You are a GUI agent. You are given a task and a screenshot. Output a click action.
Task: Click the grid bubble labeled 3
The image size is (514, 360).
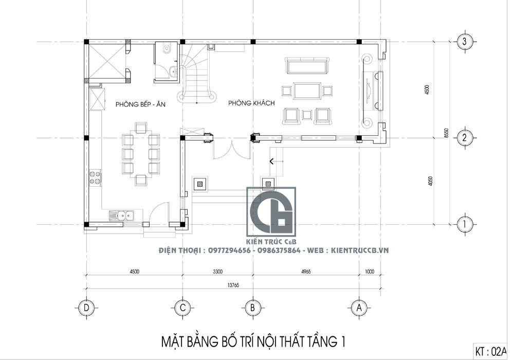coord(465,42)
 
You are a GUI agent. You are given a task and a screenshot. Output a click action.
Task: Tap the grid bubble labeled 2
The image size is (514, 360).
coord(465,138)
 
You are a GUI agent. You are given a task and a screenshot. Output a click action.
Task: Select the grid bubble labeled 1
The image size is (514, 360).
coord(465,224)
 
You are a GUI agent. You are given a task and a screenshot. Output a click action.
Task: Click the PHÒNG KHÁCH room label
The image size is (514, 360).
coord(251,103)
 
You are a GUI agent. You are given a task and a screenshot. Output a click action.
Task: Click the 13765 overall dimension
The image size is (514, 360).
coord(233,284)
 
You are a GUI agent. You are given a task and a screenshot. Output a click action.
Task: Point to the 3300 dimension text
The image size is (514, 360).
coord(217,271)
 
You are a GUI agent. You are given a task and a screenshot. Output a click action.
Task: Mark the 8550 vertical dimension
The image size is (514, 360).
coord(446,132)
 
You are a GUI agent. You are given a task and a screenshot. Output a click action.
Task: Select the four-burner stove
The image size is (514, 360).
coord(95,177)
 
